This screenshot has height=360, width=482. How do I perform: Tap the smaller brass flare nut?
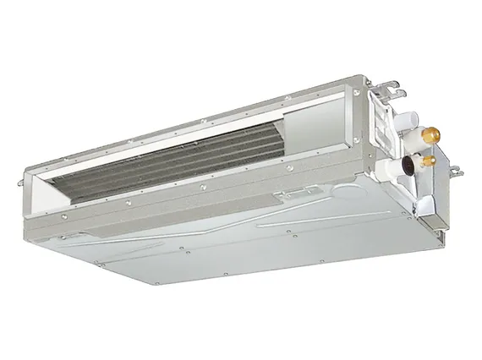428,158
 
